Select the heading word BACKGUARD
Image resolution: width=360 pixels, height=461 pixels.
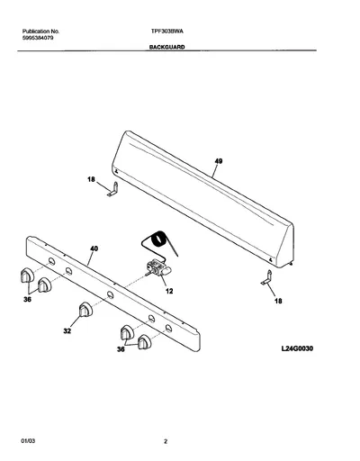click(x=167, y=47)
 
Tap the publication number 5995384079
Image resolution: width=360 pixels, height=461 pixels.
click(x=38, y=38)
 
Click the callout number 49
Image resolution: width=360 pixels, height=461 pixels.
click(x=219, y=161)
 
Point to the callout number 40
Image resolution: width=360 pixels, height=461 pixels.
click(x=94, y=249)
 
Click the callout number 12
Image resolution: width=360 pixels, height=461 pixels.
click(x=169, y=291)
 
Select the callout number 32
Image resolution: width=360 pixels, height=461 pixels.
click(x=67, y=330)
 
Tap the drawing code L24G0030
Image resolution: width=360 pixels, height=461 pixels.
click(x=297, y=348)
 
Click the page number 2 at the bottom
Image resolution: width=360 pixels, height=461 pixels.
click(x=166, y=441)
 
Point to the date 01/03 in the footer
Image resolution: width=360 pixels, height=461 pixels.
click(x=28, y=441)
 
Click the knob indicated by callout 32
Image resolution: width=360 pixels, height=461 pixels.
click(x=85, y=310)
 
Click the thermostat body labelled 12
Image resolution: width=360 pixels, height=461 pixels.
click(x=158, y=267)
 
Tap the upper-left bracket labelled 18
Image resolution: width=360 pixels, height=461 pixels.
click(x=113, y=189)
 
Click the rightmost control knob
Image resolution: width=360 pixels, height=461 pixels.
click(x=145, y=342)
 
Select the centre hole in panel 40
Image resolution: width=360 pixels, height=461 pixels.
click(x=111, y=294)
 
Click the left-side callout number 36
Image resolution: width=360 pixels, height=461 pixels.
click(x=27, y=300)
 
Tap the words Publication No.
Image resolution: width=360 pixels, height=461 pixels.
click(x=41, y=32)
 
